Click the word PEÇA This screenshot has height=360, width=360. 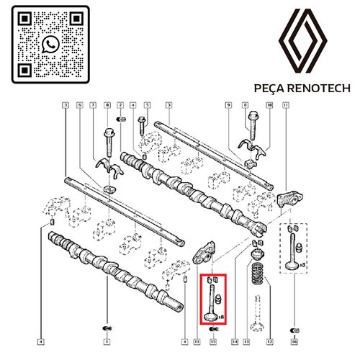[x=271, y=89]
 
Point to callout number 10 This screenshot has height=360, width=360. [x=269, y=105]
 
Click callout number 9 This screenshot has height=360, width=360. [x=228, y=105]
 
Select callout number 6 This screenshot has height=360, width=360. [x=79, y=105]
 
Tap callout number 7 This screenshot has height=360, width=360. [x=92, y=105]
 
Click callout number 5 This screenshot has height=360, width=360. [x=147, y=105]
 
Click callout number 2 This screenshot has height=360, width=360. [x=120, y=105]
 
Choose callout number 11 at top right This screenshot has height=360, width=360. [x=286, y=105]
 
